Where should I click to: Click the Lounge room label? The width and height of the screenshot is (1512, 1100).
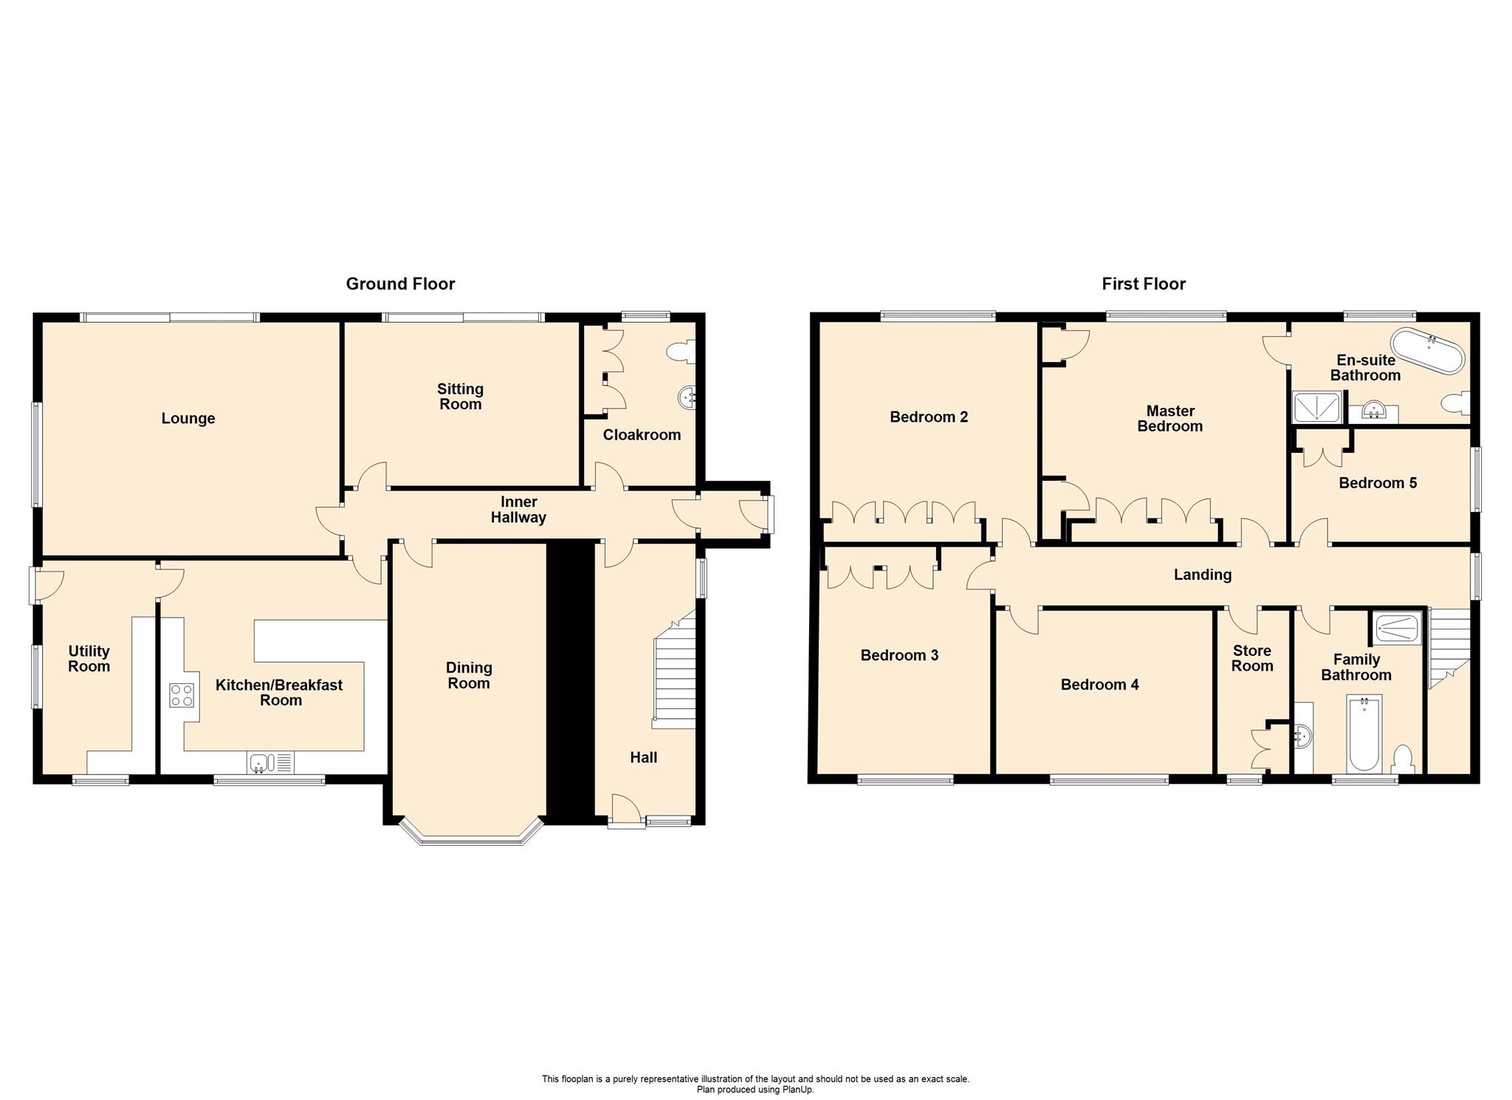[x=188, y=419]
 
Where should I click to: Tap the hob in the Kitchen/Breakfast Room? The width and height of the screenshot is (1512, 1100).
[x=182, y=695]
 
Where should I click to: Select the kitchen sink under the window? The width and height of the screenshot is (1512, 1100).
[x=263, y=762]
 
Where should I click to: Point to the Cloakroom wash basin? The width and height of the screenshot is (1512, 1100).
[x=687, y=398]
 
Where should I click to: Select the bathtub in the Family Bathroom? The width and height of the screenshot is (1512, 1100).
[x=1364, y=733]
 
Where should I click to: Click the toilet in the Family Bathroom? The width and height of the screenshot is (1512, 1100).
[x=1402, y=759]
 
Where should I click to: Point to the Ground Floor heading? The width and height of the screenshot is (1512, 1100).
[x=400, y=284]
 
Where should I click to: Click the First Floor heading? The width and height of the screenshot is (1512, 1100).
[x=1144, y=284]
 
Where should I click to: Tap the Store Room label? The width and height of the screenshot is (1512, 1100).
[x=1252, y=658]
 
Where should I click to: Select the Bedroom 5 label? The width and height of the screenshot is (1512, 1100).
[x=1378, y=483]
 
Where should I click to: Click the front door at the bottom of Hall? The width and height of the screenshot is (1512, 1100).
[x=626, y=811]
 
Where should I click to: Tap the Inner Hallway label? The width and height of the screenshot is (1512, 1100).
[x=518, y=510]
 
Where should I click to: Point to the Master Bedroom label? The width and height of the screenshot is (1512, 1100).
[x=1169, y=419]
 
